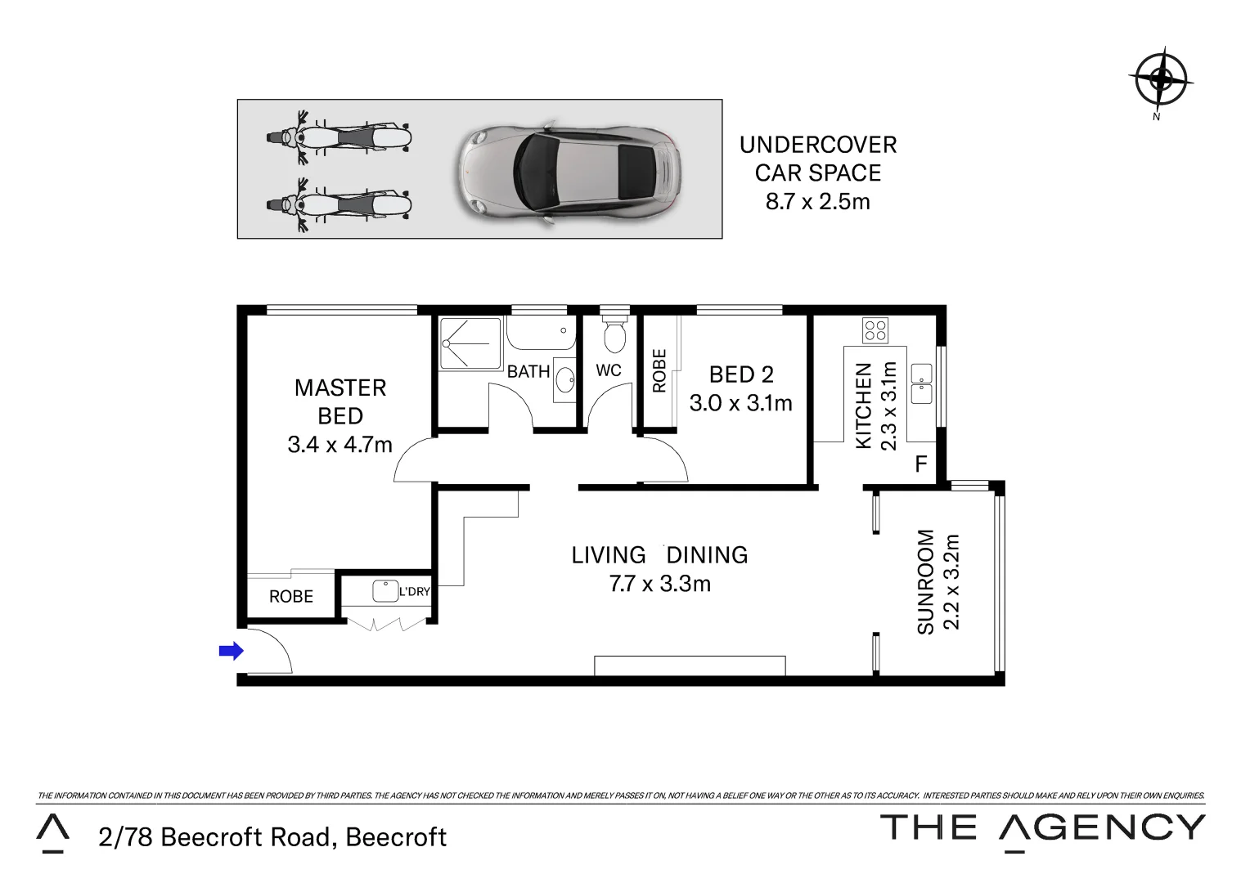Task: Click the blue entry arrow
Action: (x=232, y=651)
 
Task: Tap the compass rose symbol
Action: (x=1160, y=79)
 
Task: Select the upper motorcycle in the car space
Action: (x=339, y=137)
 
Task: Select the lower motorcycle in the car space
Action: (x=339, y=202)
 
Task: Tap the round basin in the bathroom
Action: (x=564, y=380)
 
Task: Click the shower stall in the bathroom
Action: (x=469, y=343)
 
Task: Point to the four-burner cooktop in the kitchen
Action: (x=875, y=330)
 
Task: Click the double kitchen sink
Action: (x=922, y=383)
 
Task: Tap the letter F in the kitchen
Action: (x=920, y=464)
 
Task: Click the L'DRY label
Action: (x=414, y=591)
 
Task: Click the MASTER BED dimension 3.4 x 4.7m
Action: (x=339, y=445)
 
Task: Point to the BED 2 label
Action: (x=741, y=374)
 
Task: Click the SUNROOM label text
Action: (x=925, y=581)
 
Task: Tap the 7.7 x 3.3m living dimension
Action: (x=659, y=584)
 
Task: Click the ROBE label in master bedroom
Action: (x=291, y=596)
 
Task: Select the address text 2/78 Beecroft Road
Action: (x=272, y=837)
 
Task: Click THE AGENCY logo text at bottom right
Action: (x=1041, y=827)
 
